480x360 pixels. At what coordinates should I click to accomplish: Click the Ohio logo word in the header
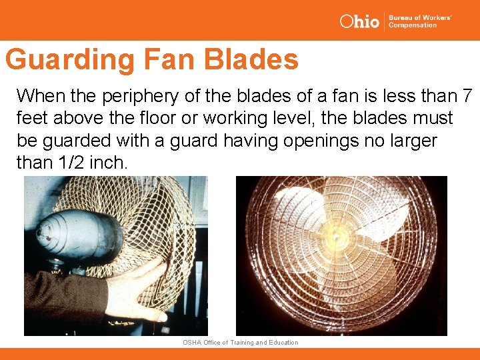point(359,21)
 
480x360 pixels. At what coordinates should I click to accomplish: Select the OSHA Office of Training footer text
point(240,343)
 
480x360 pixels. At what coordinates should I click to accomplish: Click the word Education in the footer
point(283,343)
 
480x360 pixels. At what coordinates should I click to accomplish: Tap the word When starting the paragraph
point(41,96)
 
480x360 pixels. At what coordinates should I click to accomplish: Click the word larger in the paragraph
point(413,140)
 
